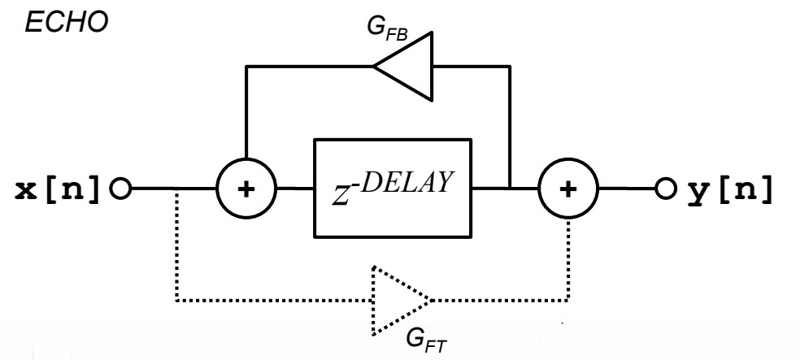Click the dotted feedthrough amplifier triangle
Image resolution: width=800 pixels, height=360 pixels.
[397, 300]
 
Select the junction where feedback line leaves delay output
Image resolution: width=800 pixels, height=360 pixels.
[510, 190]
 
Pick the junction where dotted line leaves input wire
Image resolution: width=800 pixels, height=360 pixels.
[176, 192]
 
